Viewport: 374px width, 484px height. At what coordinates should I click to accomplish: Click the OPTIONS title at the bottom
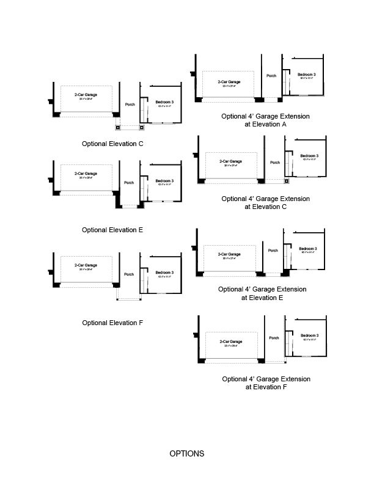pyautogui.click(x=187, y=454)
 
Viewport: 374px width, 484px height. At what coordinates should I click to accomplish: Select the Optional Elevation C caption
pyautogui.click(x=113, y=144)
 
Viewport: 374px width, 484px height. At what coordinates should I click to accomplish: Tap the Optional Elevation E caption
pyautogui.click(x=113, y=230)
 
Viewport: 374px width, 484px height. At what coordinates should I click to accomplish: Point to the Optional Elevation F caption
pyautogui.click(x=113, y=323)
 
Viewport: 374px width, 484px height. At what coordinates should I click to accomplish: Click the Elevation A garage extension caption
pyautogui.click(x=266, y=120)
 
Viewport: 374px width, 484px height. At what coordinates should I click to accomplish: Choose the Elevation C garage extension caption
pyautogui.click(x=266, y=203)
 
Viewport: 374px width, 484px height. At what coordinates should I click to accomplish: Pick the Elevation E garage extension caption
pyautogui.click(x=262, y=293)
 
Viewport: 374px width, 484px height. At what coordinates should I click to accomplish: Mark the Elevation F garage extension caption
pyautogui.click(x=266, y=383)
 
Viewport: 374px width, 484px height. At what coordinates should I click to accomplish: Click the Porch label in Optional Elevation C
pyautogui.click(x=130, y=105)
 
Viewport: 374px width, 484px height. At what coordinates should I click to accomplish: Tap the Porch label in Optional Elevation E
pyautogui.click(x=129, y=183)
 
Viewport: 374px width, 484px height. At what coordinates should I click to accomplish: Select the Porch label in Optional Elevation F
pyautogui.click(x=129, y=274)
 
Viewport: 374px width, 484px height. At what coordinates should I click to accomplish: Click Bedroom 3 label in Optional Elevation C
pyautogui.click(x=164, y=101)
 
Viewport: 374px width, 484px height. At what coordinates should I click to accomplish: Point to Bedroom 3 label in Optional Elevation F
pyautogui.click(x=164, y=273)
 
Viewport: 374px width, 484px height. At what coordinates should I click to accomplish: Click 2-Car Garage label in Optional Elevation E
pyautogui.click(x=86, y=174)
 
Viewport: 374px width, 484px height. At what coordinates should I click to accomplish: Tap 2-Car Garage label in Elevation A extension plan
pyautogui.click(x=229, y=82)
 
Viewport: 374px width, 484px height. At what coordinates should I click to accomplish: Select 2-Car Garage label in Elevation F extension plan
pyautogui.click(x=232, y=342)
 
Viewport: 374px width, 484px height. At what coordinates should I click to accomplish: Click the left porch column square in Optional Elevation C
pyautogui.click(x=118, y=128)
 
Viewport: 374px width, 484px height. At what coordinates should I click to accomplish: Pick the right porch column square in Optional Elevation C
pyautogui.click(x=142, y=128)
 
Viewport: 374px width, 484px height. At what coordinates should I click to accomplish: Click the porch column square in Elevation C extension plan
pyautogui.click(x=286, y=182)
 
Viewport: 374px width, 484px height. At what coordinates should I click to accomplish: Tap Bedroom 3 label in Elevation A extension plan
pyautogui.click(x=307, y=75)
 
